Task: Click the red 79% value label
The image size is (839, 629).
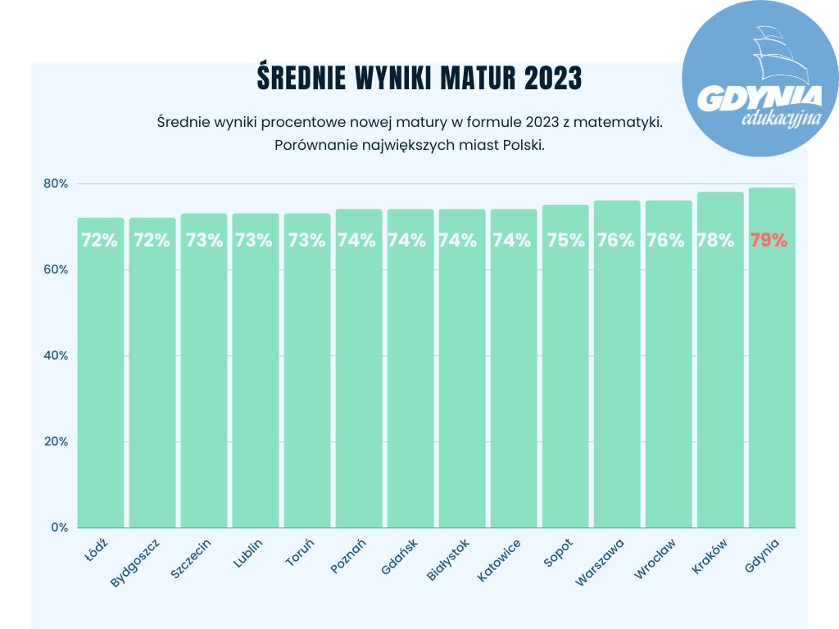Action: point(769,241)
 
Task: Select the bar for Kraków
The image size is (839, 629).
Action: point(720,369)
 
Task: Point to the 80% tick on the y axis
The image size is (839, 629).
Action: point(56,183)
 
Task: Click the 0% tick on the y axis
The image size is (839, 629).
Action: point(59,527)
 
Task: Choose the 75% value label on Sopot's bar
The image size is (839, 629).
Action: point(565,241)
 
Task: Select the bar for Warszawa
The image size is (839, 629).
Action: point(617,369)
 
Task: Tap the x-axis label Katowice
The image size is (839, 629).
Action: point(499,560)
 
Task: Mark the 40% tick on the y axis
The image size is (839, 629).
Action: point(56,355)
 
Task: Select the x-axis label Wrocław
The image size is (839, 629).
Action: point(655,559)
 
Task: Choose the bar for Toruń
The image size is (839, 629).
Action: point(307,369)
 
